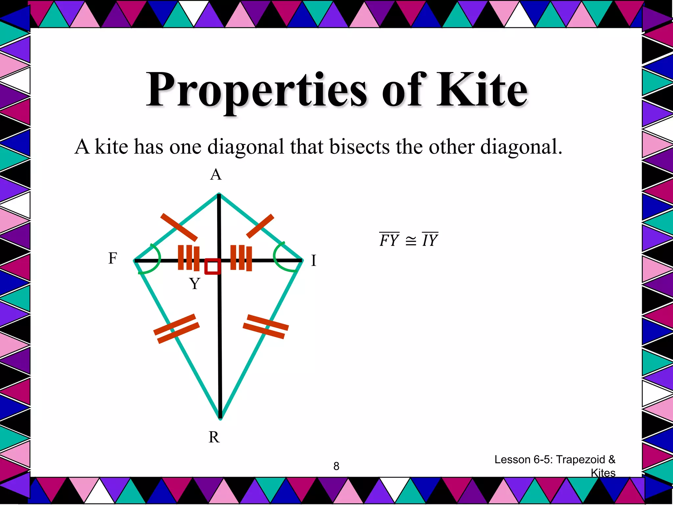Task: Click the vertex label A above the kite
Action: coord(216,175)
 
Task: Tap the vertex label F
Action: coord(113,258)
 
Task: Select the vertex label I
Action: coord(313,261)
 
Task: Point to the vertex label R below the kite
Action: coord(214,437)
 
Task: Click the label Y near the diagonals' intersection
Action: coord(195,283)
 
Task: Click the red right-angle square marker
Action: coord(212,266)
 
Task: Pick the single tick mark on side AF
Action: coord(179,227)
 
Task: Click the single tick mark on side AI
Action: coord(260,226)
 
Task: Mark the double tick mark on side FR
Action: coord(176,329)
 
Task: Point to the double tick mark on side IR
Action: coord(266,326)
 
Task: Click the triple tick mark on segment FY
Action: coord(189,258)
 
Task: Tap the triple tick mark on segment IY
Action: coord(241,258)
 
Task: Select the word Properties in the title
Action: coord(256,90)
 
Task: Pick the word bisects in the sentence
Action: coord(359,147)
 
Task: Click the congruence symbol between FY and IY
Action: coord(410,241)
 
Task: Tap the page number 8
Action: coord(336,466)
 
